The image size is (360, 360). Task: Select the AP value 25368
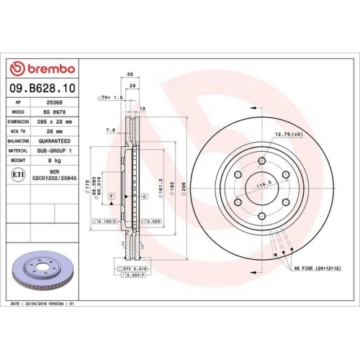[x=53, y=103]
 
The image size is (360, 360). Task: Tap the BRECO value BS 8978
[x=53, y=113]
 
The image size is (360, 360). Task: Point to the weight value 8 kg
[x=53, y=162]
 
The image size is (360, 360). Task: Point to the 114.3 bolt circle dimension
[x=264, y=185]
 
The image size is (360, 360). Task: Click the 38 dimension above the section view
[x=130, y=74]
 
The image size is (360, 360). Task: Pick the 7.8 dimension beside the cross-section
[x=110, y=130]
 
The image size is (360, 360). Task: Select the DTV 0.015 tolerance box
[x=135, y=268]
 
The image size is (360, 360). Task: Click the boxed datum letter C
[x=144, y=196]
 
